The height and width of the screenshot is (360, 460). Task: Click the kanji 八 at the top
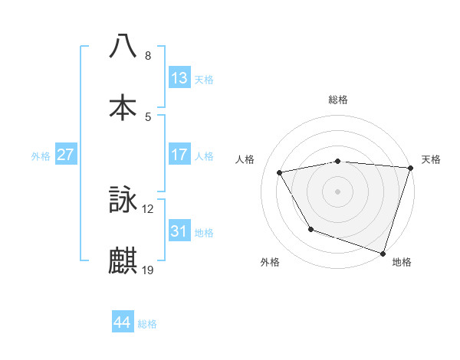click(x=123, y=46)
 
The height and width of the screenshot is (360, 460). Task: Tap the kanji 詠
click(x=123, y=200)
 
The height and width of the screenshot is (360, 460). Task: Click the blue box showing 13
click(x=179, y=78)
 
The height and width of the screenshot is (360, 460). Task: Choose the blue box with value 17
click(x=179, y=155)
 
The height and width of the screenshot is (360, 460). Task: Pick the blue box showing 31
click(x=179, y=231)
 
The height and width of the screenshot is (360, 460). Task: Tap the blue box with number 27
click(x=66, y=155)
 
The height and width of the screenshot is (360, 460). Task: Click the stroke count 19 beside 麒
click(x=149, y=270)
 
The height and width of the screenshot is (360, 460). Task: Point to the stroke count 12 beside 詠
click(x=149, y=208)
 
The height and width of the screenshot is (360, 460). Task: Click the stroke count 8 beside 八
click(x=148, y=55)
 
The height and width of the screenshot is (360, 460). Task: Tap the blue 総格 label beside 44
click(x=148, y=324)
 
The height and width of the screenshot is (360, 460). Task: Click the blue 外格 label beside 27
click(x=41, y=156)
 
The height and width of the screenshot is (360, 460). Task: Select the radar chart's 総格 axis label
click(x=338, y=100)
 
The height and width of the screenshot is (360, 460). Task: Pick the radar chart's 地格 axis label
click(x=402, y=262)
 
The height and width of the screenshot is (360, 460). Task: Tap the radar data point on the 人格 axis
click(x=280, y=173)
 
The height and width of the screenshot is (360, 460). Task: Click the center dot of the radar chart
click(x=338, y=191)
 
